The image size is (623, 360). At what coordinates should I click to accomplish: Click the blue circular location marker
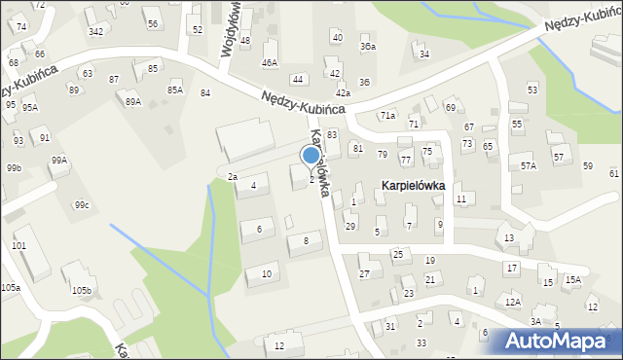tap(311, 155)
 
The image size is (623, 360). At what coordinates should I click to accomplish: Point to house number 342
tap(96, 32)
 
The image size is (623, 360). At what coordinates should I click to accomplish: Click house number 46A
tap(270, 62)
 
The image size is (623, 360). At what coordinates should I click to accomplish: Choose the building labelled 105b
tap(81, 290)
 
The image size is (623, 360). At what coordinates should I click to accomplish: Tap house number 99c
tap(82, 204)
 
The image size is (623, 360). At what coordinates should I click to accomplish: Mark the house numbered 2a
tap(233, 176)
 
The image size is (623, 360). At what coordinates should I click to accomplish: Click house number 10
tap(267, 273)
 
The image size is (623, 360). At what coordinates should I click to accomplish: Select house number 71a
tap(387, 116)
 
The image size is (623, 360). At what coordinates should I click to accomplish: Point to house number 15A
tap(573, 280)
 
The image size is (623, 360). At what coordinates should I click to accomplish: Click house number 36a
tap(367, 46)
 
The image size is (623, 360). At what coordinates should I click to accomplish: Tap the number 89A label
tap(133, 101)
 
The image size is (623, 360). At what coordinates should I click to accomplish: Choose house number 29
tap(350, 226)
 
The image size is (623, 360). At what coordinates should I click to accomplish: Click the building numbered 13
tap(508, 237)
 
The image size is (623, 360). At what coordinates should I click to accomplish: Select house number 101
tap(19, 245)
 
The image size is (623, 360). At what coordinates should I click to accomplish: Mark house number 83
tap(332, 134)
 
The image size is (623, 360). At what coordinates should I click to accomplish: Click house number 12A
tap(513, 302)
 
